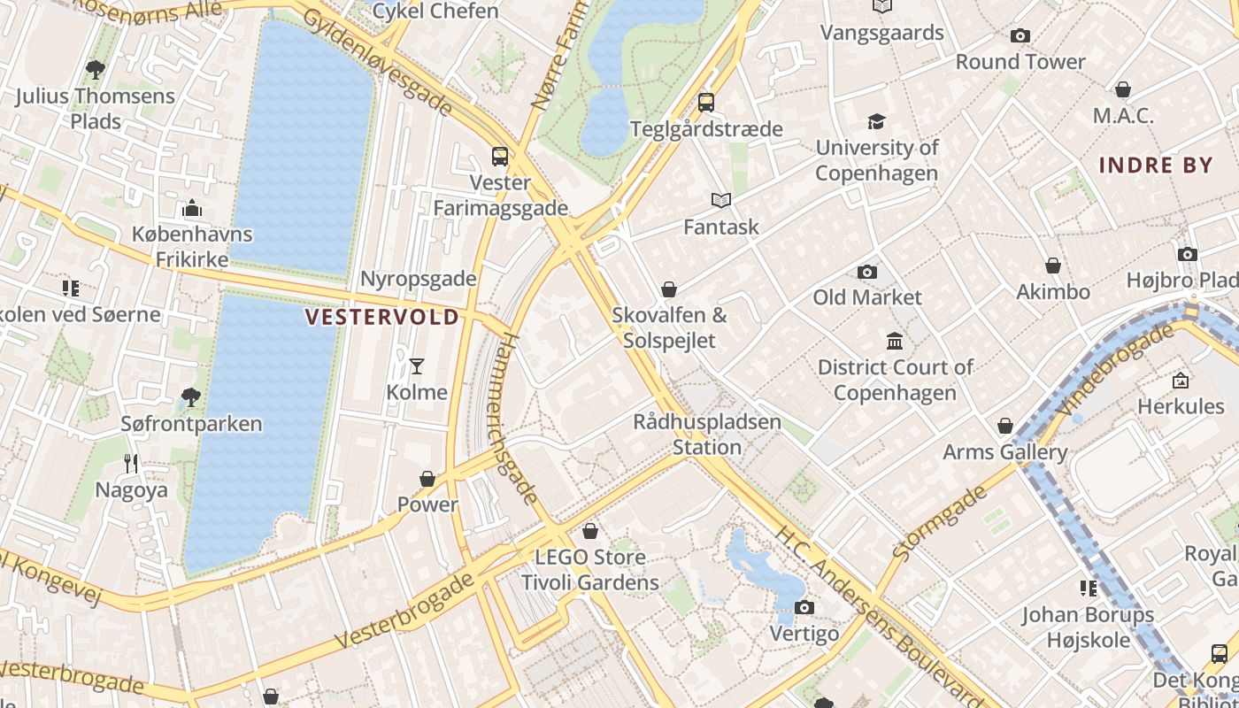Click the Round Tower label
click(x=1020, y=62)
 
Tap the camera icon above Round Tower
click(x=1020, y=36)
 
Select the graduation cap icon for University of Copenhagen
click(x=876, y=121)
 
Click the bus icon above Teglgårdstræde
click(x=705, y=103)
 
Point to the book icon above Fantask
click(x=721, y=201)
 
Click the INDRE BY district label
click(x=1156, y=165)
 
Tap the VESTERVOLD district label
click(x=382, y=317)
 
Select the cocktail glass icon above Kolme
click(x=417, y=366)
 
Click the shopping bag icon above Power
click(x=427, y=479)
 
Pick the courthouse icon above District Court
click(x=895, y=342)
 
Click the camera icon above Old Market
click(x=867, y=272)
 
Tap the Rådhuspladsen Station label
click(x=707, y=435)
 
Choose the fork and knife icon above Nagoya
click(x=131, y=463)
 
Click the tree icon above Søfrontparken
click(x=191, y=397)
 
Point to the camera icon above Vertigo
click(x=804, y=607)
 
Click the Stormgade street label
click(x=940, y=522)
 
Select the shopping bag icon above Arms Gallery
click(x=1005, y=427)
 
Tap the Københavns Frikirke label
click(x=192, y=247)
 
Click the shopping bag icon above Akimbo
click(x=1053, y=265)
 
